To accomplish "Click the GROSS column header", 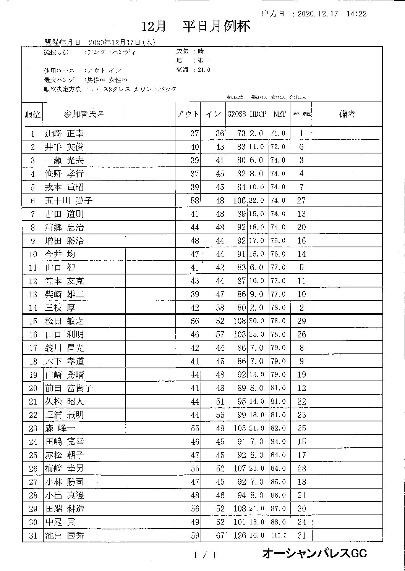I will pos(237,114).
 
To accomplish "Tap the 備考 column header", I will pos(347,114).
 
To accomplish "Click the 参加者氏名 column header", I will pos(84,114).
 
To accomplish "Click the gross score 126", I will pos(239,536).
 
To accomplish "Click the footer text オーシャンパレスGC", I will pos(314,553).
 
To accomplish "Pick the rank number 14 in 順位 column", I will pos(33,308).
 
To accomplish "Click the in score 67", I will pos(220,536).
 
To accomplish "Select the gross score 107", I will pos(239,468).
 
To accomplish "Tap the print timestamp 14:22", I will pos(357,14).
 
